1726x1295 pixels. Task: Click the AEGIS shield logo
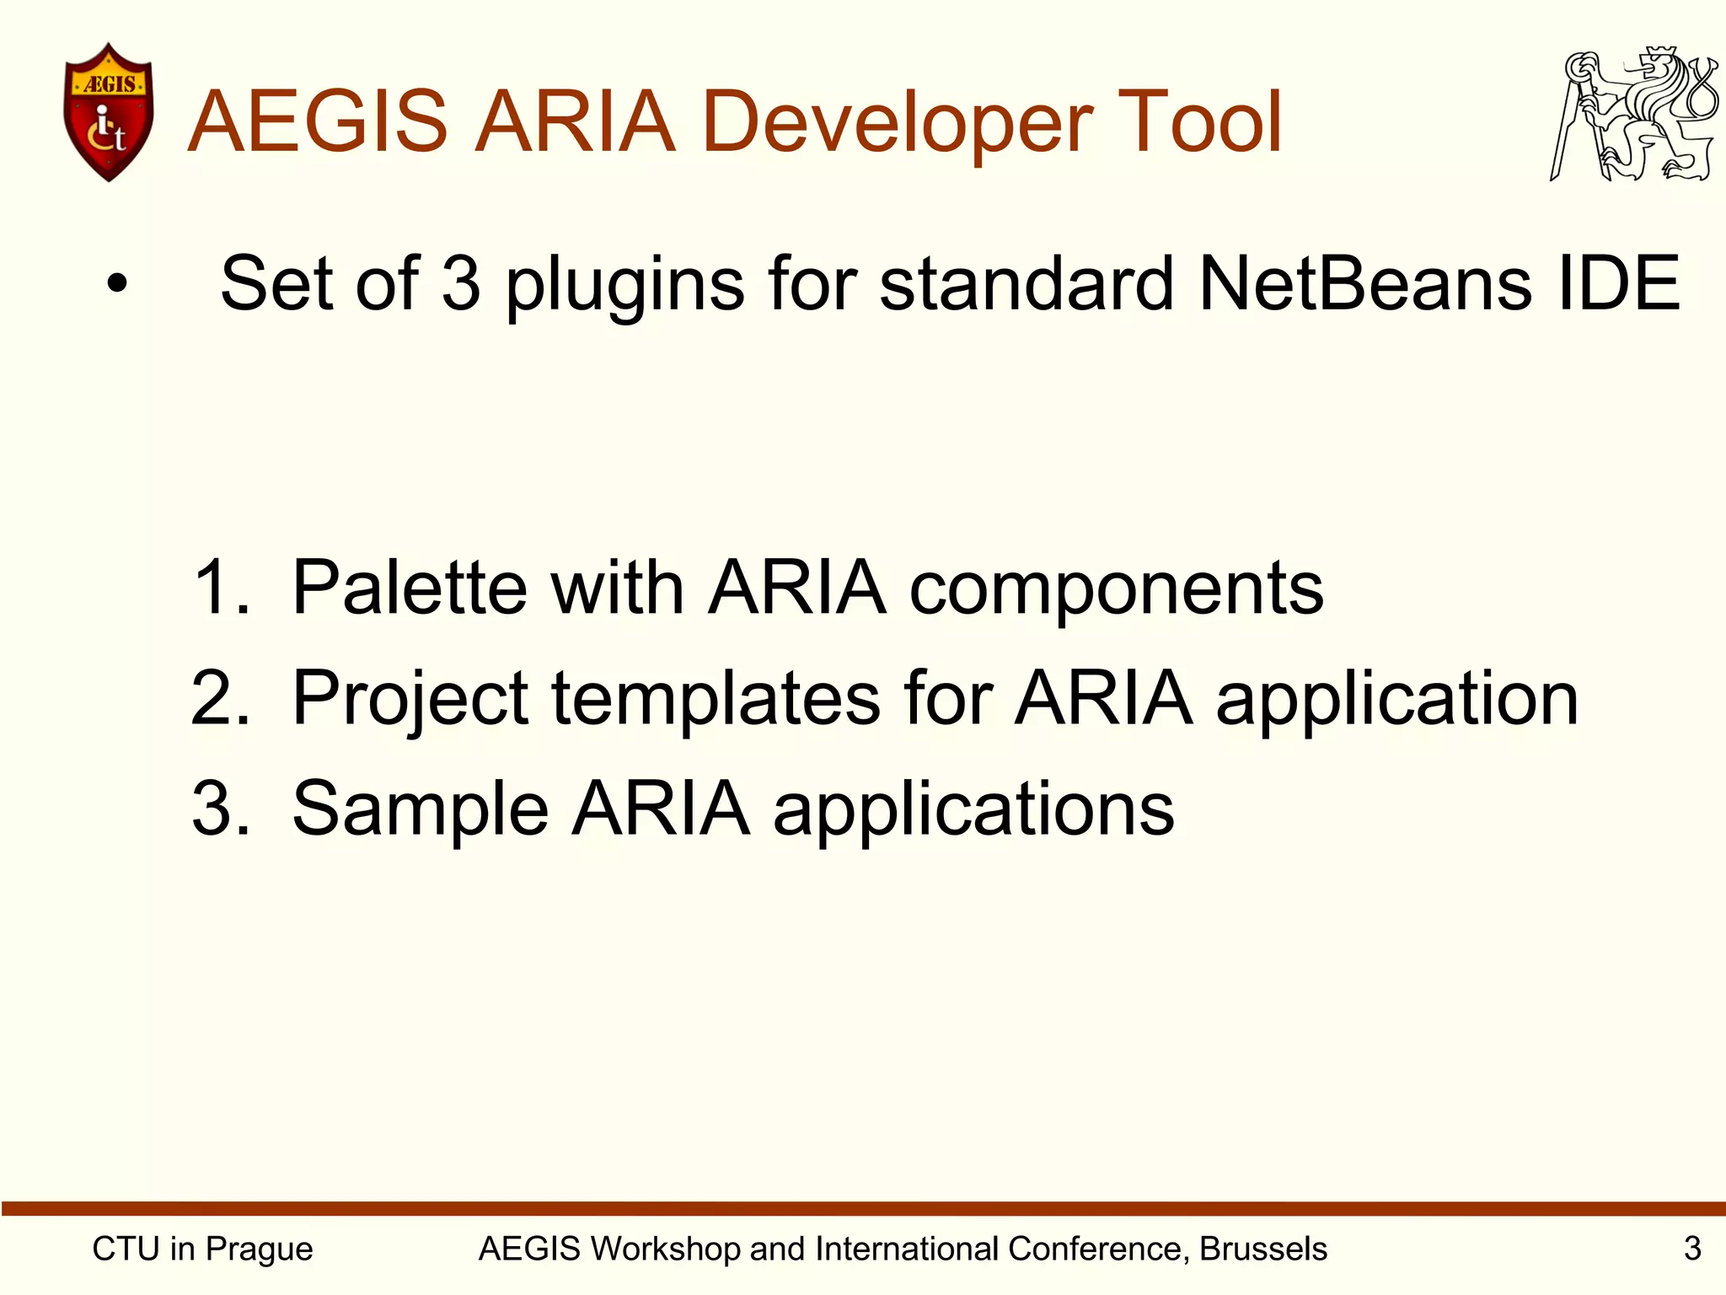pyautogui.click(x=109, y=112)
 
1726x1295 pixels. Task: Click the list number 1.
pyautogui.click(x=219, y=588)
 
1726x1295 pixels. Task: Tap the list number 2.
pyautogui.click(x=219, y=698)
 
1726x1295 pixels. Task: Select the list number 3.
pyautogui.click(x=219, y=809)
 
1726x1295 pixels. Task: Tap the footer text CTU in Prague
pyautogui.click(x=202, y=1249)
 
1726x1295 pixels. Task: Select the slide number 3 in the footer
pyautogui.click(x=1692, y=1249)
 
